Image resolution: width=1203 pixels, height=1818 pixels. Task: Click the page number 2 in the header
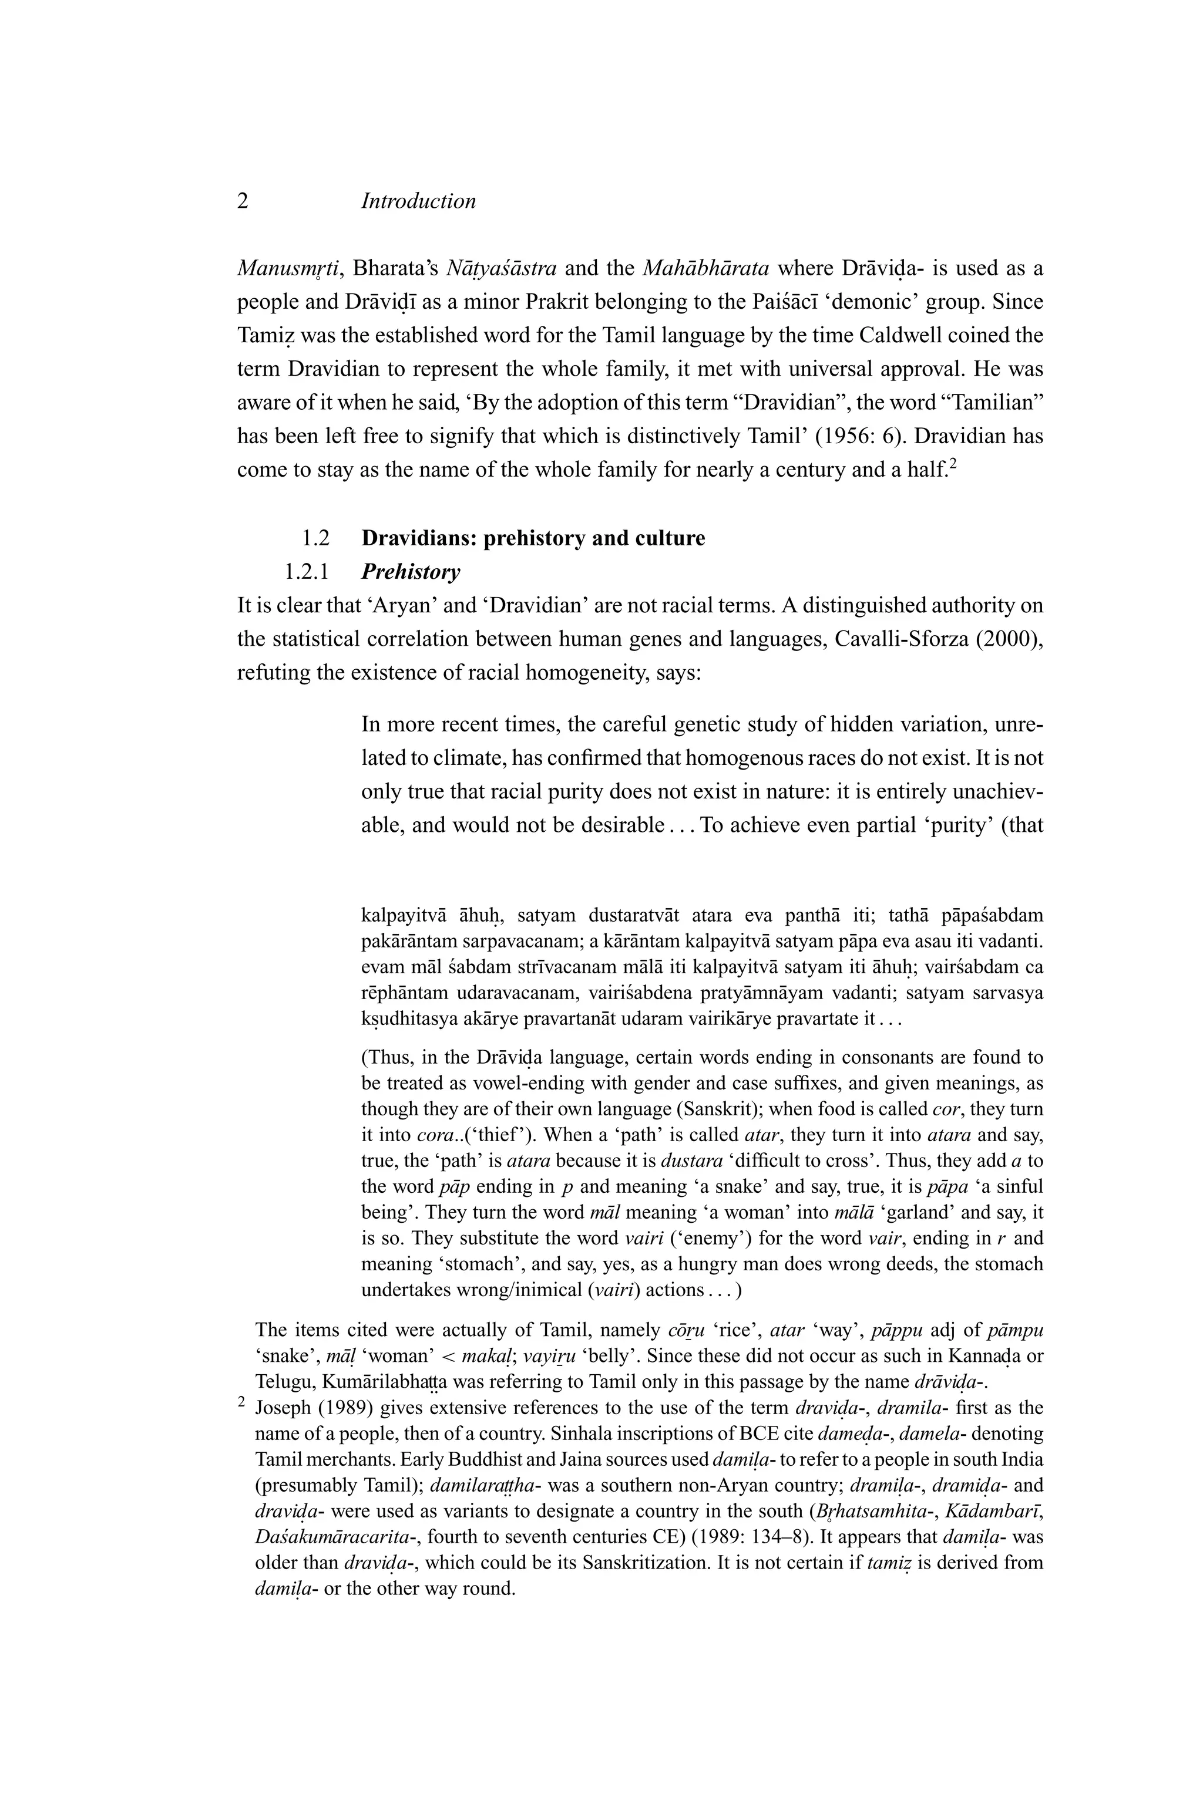[243, 202]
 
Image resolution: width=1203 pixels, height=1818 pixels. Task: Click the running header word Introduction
[418, 202]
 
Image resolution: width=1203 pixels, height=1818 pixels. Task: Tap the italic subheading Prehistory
[411, 572]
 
